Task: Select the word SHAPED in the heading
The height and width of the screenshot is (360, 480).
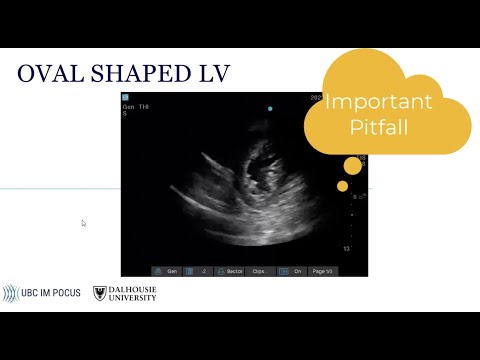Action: point(134,74)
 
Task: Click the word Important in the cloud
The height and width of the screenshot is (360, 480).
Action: point(378,102)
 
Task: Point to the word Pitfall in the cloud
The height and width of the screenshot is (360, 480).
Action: point(379,128)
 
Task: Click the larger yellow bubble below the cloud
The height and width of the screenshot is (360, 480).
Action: point(352,166)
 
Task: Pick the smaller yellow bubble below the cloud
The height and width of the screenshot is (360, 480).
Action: point(342,186)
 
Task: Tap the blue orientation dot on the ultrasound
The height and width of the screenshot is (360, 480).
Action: point(269,108)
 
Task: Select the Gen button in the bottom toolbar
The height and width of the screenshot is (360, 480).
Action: point(169,270)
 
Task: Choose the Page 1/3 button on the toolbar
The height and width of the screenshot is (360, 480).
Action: point(323,270)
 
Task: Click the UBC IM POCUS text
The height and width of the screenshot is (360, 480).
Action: point(57,293)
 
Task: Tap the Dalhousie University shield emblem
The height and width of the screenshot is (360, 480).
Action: point(99,293)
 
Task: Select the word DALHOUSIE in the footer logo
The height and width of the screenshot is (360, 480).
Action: point(133,289)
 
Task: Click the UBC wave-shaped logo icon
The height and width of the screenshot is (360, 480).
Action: point(11,293)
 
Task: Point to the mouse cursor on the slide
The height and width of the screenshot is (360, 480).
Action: point(84,223)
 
